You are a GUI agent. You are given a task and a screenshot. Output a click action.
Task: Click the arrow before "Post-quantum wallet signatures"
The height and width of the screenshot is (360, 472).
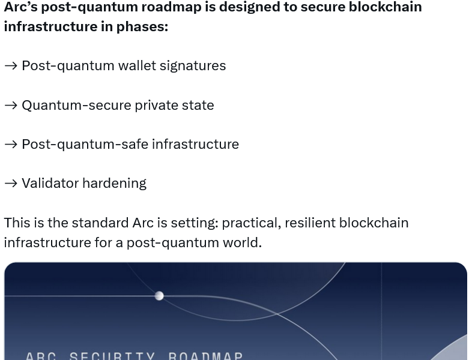tap(11, 66)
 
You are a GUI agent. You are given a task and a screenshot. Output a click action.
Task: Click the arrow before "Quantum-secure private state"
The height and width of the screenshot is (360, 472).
tap(11, 106)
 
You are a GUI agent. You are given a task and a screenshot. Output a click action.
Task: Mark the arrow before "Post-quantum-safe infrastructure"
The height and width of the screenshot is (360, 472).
tap(11, 145)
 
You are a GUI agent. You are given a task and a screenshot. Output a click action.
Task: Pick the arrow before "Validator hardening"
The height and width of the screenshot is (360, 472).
tap(11, 184)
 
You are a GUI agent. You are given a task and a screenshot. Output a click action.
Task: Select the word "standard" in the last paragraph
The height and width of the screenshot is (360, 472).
tap(100, 223)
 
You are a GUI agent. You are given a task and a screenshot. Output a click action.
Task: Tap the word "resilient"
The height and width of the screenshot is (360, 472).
tap(309, 223)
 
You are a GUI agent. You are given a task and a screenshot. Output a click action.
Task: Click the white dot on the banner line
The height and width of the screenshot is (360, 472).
tap(159, 296)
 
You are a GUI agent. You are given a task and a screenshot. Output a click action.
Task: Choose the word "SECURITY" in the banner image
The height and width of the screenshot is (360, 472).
tap(112, 355)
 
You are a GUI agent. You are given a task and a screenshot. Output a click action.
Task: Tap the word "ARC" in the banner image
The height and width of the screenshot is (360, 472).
tap(41, 355)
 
